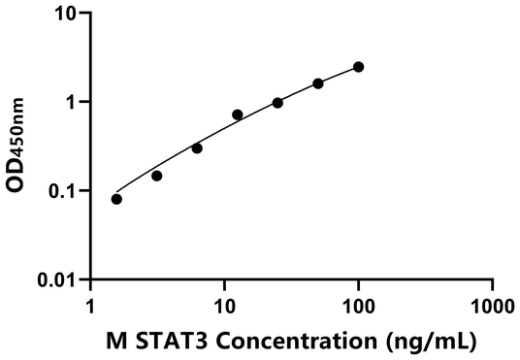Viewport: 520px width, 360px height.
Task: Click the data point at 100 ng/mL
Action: click(x=358, y=67)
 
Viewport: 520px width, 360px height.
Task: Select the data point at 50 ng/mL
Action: click(x=318, y=83)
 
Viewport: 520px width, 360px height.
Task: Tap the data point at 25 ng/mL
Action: click(x=277, y=103)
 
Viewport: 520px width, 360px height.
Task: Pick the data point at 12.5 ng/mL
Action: click(x=238, y=115)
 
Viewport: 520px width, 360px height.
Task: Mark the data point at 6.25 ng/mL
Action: click(x=197, y=148)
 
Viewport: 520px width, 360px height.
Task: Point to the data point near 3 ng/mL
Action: click(x=156, y=176)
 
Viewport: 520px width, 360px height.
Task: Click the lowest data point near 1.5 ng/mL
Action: click(x=116, y=199)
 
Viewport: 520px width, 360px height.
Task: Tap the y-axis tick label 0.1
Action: click(x=65, y=191)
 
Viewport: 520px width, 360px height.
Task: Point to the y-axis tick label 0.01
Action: click(x=60, y=279)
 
